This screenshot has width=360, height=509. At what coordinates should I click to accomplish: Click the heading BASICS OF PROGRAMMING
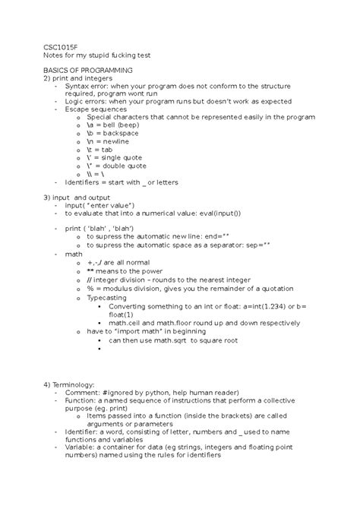(x=90, y=69)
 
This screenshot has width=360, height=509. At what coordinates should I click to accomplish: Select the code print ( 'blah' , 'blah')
(x=99, y=228)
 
